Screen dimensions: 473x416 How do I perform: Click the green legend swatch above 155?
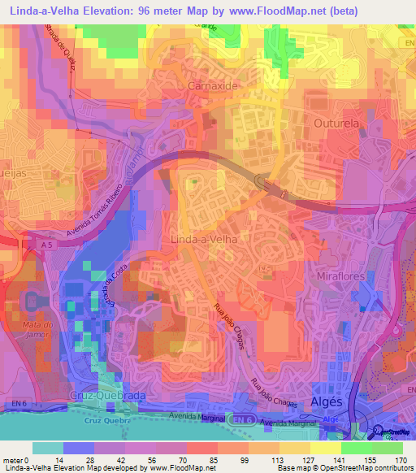coord(356,448)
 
